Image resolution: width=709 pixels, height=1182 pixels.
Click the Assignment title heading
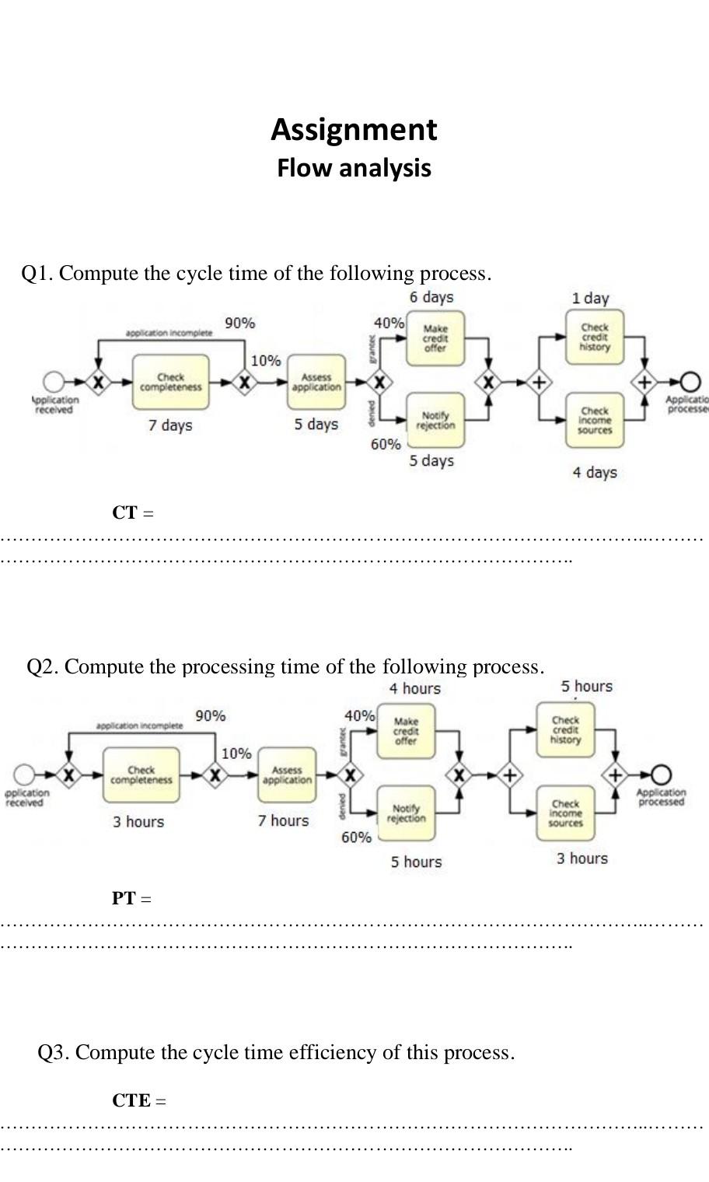coord(354,129)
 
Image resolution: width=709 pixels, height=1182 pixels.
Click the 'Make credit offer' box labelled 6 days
coord(435,339)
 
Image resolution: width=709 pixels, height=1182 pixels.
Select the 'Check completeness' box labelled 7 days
coord(171,382)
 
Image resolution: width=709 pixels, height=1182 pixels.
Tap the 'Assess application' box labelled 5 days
coord(316,382)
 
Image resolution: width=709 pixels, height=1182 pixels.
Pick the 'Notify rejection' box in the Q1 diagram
coord(435,421)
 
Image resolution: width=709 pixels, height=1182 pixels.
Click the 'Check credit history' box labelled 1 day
coord(595,337)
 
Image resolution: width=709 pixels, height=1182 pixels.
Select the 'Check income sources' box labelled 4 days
coord(595,421)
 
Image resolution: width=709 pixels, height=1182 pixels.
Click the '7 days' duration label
coord(170,425)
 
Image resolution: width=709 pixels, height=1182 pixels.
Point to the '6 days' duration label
coord(431,297)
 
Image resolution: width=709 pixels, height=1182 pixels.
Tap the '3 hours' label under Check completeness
coord(138,822)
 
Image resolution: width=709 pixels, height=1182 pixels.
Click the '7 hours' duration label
coord(284,820)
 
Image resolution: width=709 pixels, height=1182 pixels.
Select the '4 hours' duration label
coord(415,689)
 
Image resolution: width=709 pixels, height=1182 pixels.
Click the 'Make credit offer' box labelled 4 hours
coord(406,732)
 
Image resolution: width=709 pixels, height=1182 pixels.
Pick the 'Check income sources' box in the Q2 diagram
coord(565,813)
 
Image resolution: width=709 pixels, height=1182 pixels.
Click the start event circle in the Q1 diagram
coord(54,382)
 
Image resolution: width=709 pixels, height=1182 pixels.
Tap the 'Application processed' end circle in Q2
coord(661,775)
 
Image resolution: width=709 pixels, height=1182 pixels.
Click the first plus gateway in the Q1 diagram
coord(538,382)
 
